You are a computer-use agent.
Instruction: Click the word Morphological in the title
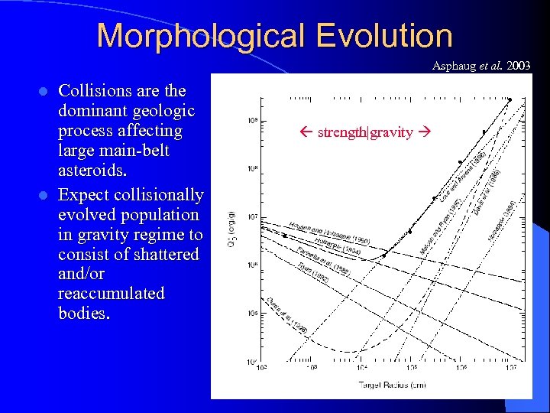(x=198, y=36)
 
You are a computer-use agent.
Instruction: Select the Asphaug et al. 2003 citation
(x=480, y=66)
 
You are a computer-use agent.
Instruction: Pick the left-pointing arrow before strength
(x=309, y=132)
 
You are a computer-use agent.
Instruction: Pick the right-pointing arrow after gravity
(x=420, y=132)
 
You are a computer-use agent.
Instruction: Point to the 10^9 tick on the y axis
(x=252, y=121)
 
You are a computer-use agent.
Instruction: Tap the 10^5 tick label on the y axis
(x=252, y=313)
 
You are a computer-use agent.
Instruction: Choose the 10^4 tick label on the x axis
(x=362, y=368)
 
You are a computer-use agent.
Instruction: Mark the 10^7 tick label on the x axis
(x=510, y=368)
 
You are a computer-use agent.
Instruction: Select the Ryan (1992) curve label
(x=313, y=273)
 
